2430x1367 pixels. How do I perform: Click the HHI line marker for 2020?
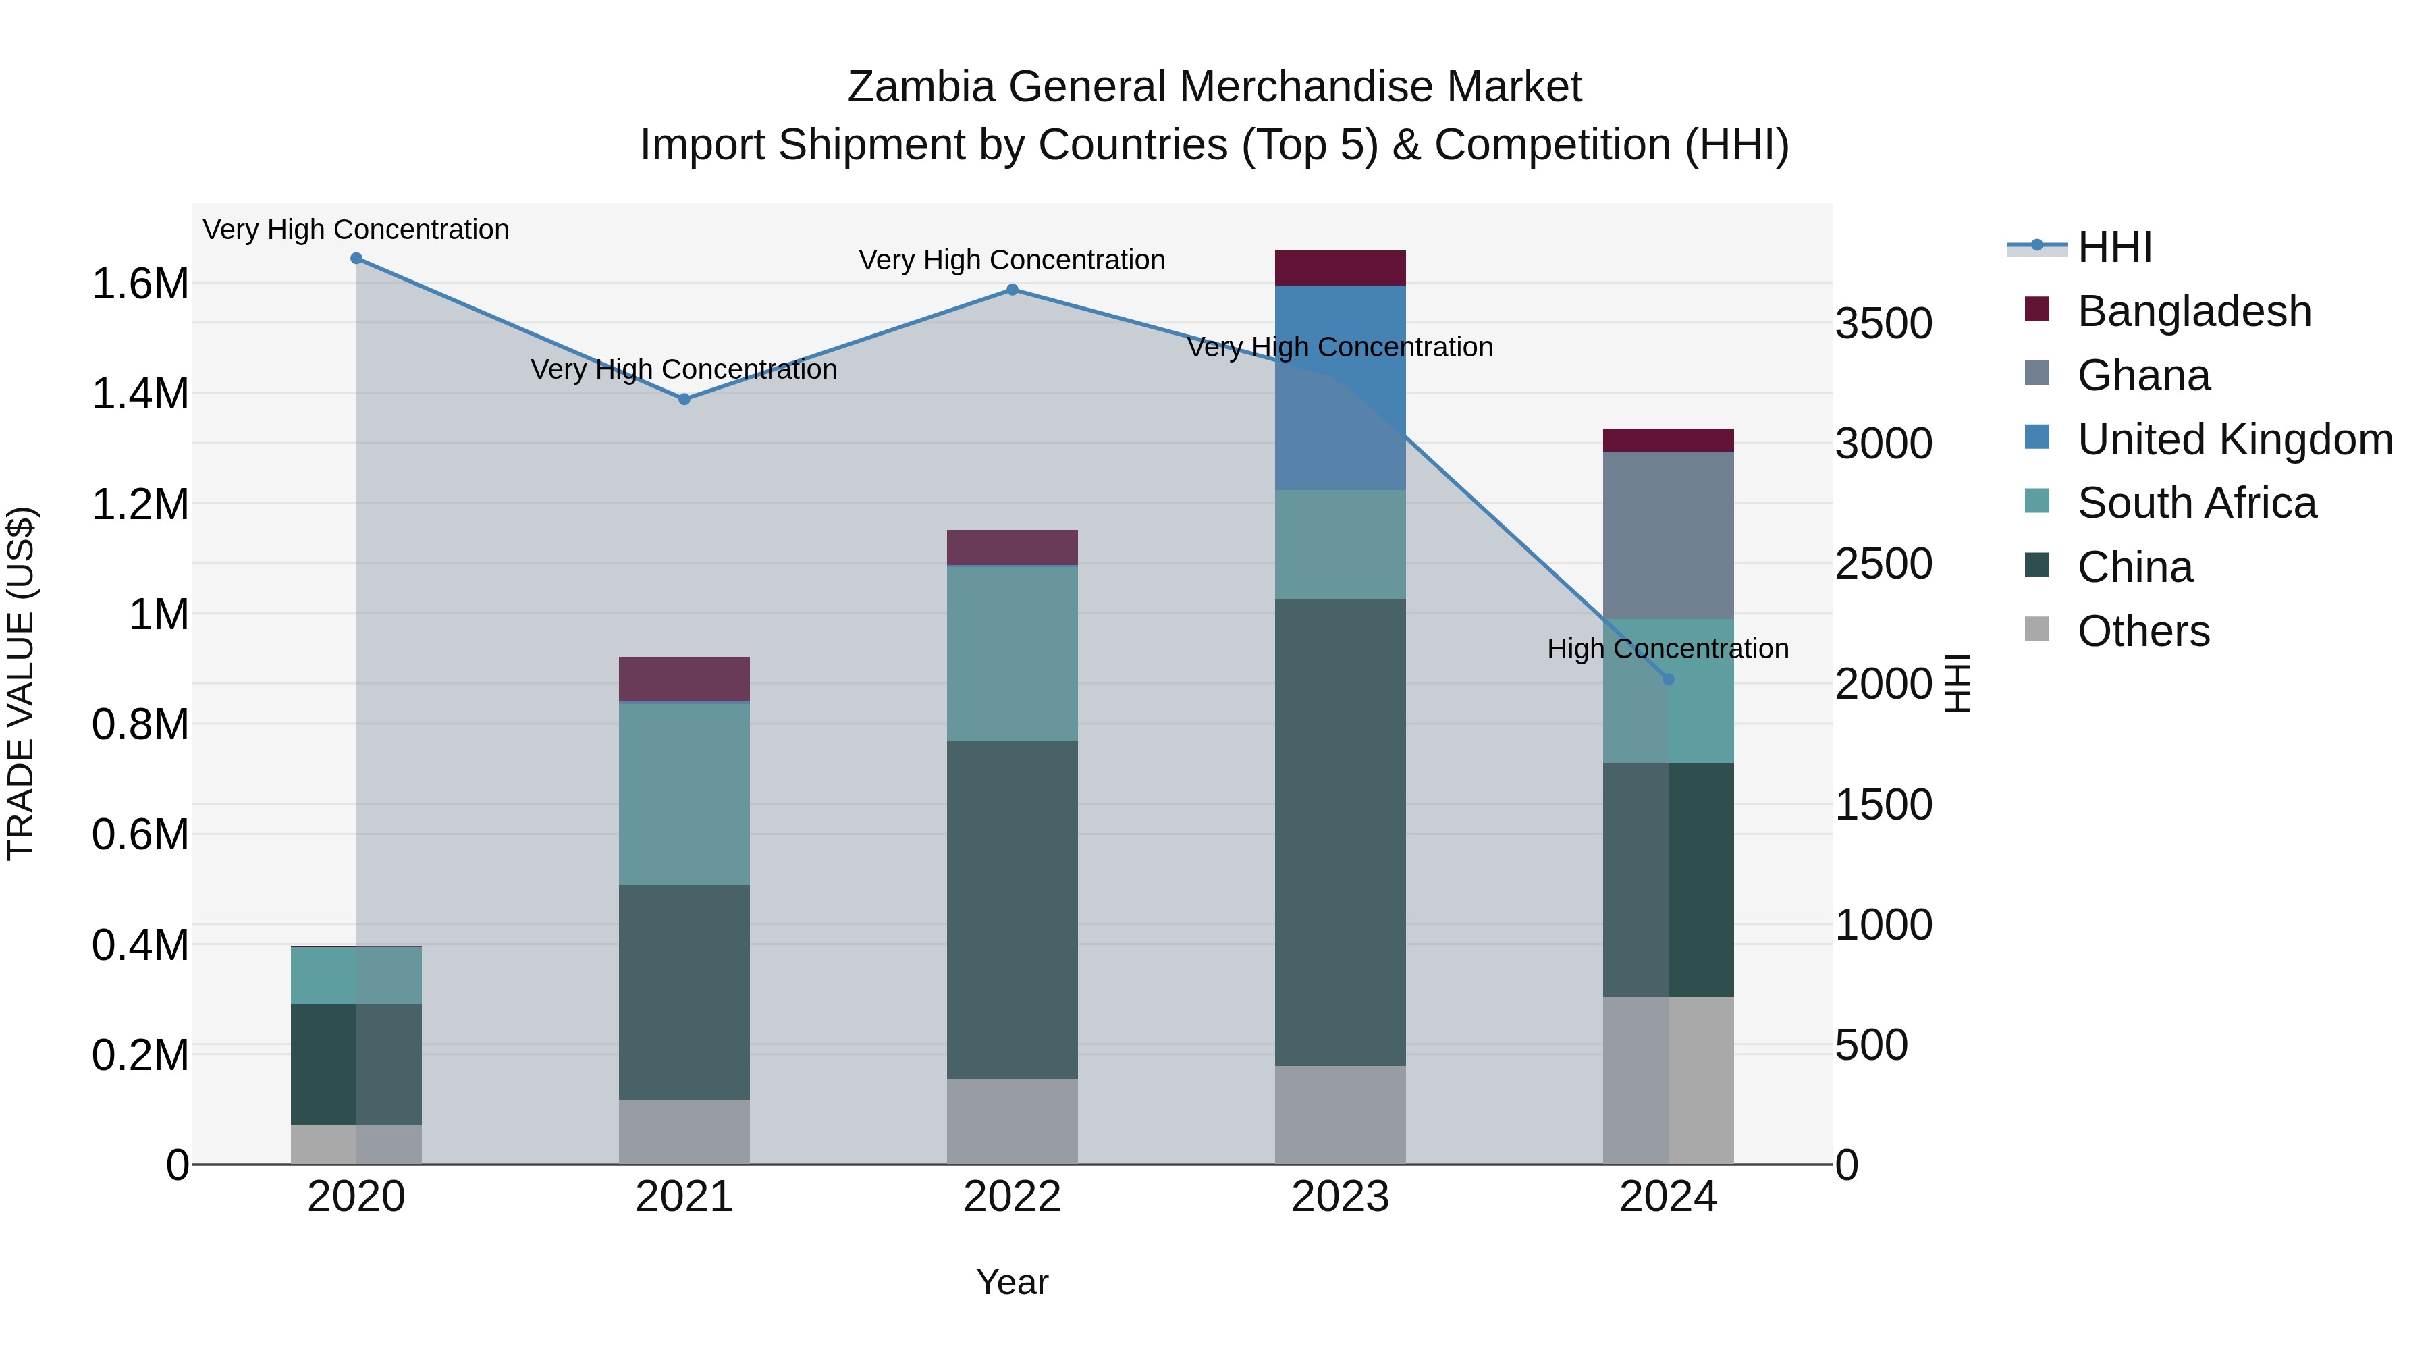point(356,259)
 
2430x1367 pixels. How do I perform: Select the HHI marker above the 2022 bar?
point(1013,290)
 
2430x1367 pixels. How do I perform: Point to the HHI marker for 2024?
point(1668,679)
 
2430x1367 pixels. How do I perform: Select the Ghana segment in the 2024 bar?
point(1668,535)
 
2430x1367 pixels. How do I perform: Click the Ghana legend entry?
point(2143,375)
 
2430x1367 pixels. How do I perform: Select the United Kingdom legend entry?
point(2234,439)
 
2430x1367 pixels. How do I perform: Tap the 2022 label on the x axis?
point(1013,1197)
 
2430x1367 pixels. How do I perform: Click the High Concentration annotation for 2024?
point(1668,649)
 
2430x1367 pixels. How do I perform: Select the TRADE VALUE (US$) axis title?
point(22,683)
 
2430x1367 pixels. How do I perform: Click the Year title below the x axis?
point(1013,1282)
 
